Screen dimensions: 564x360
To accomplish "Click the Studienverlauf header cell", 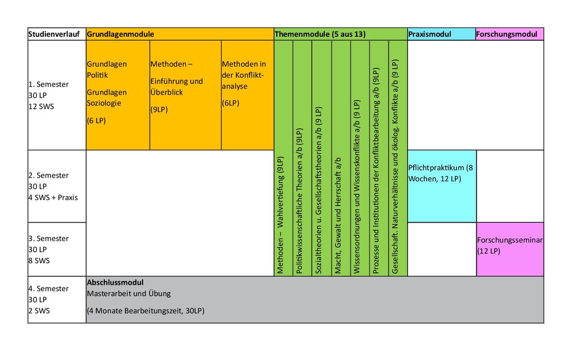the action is (x=57, y=34).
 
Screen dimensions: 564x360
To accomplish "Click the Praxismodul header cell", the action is (x=441, y=34).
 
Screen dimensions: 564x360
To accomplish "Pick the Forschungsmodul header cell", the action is (x=509, y=34).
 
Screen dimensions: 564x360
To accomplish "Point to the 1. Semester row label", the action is (x=57, y=95).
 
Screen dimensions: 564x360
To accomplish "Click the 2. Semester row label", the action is (x=57, y=186).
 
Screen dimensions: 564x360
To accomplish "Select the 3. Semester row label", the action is (x=57, y=249).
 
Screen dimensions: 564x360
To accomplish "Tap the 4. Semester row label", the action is (x=57, y=299).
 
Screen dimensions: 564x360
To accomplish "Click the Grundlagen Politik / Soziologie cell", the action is (x=118, y=95).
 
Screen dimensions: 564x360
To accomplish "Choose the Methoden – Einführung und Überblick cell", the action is (x=185, y=95).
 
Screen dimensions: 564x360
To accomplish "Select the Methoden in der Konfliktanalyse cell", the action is (x=248, y=95).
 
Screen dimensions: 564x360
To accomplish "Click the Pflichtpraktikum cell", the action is (x=442, y=186).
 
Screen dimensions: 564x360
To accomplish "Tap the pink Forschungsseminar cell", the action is (x=510, y=249).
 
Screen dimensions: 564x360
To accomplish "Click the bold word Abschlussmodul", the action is (x=115, y=283).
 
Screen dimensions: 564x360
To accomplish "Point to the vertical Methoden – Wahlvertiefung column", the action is (x=284, y=158).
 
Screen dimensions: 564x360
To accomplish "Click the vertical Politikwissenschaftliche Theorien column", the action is (x=302, y=158).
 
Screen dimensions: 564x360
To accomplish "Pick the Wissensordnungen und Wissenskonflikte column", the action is (x=360, y=158).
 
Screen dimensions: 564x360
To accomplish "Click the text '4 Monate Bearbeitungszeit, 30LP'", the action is (x=146, y=311).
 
